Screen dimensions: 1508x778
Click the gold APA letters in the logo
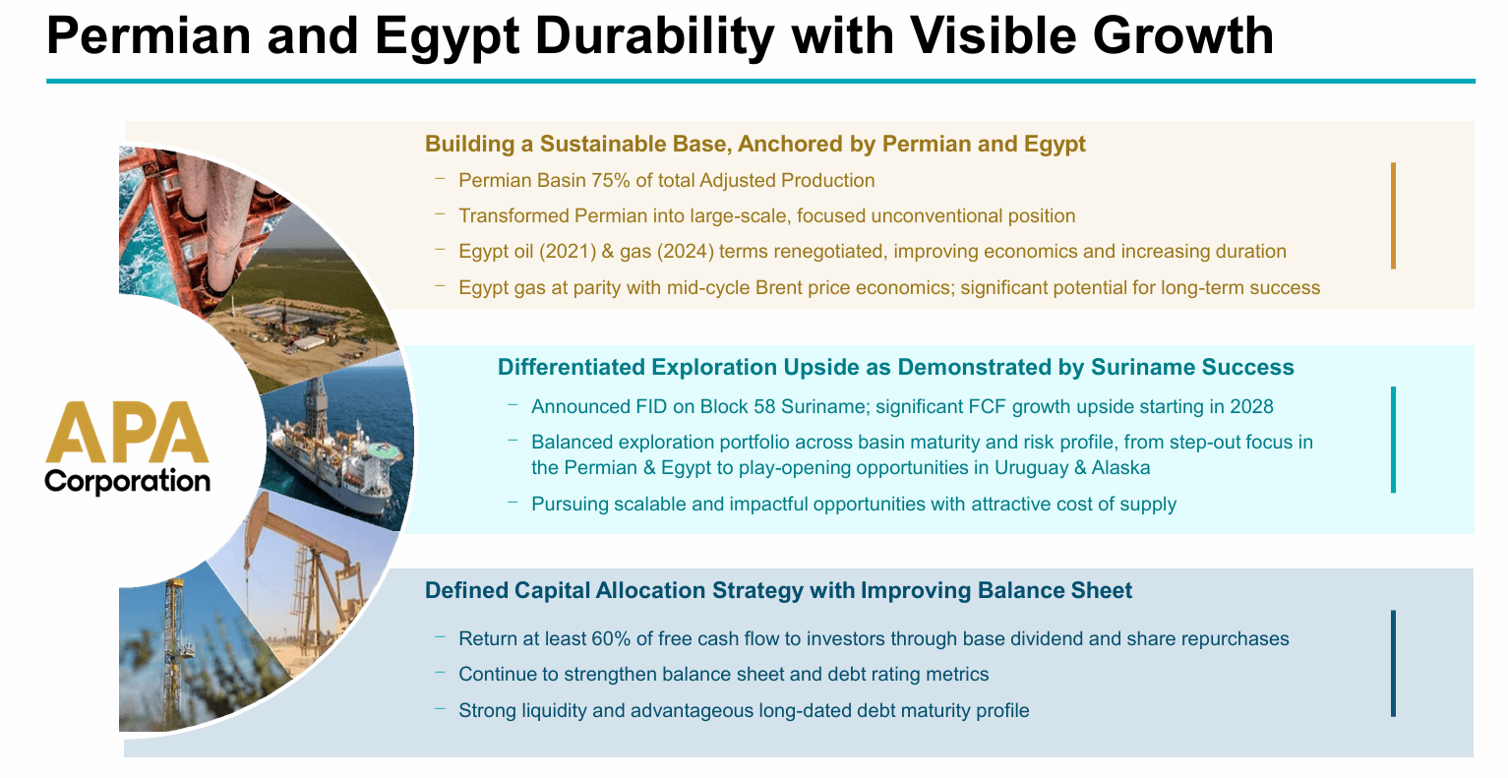127,432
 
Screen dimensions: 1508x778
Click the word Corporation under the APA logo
127,482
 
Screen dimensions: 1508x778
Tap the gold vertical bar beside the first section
1393,215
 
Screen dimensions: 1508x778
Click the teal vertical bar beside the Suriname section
1393,440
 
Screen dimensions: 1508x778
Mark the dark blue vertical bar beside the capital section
1393,664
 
